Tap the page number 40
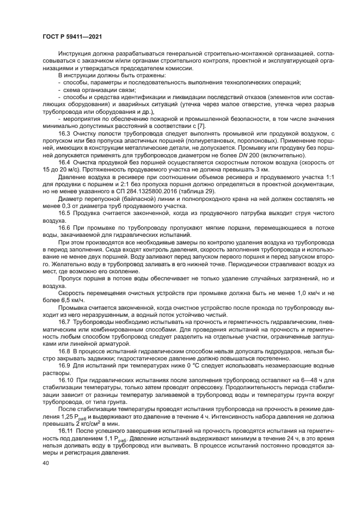coord(46,463)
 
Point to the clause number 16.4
coord(65,162)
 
